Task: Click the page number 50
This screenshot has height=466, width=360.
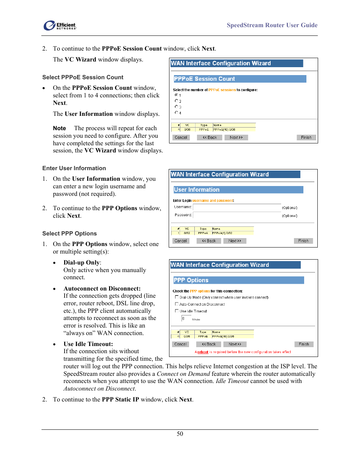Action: pyautogui.click(x=180, y=434)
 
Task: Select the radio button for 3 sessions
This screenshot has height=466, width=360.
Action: pyautogui.click(x=176, y=107)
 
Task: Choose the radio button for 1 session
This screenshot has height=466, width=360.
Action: pyautogui.click(x=176, y=95)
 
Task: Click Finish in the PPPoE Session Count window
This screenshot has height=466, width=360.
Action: pyautogui.click(x=306, y=137)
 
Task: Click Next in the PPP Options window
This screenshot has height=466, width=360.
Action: pyautogui.click(x=235, y=344)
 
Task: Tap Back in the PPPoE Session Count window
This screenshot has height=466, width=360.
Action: pyautogui.click(x=210, y=137)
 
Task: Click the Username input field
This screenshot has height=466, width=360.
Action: pyautogui.click(x=237, y=207)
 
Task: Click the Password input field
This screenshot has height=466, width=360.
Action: pyautogui.click(x=237, y=215)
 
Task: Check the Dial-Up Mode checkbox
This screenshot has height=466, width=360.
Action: pyautogui.click(x=177, y=297)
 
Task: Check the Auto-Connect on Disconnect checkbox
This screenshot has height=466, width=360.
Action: pyautogui.click(x=177, y=304)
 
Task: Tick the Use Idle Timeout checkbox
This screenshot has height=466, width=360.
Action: pyautogui.click(x=177, y=311)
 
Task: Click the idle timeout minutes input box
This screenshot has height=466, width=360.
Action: pyautogui.click(x=186, y=318)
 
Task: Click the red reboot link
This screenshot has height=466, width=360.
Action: pyautogui.click(x=203, y=352)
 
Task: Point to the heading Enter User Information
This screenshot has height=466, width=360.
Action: pyautogui.click(x=74, y=168)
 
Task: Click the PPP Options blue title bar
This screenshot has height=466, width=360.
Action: pyautogui.click(x=238, y=280)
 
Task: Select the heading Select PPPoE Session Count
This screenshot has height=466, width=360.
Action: pyautogui.click(x=83, y=77)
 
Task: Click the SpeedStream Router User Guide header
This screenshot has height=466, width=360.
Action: pyautogui.click(x=272, y=25)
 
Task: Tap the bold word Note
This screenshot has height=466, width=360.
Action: pyautogui.click(x=59, y=128)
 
